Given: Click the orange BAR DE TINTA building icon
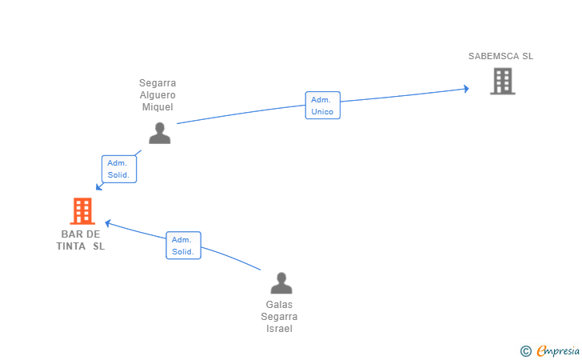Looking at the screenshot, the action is (x=82, y=211).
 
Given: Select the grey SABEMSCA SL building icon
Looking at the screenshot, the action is (x=503, y=81).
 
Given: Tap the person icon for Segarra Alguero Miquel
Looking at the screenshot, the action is (x=160, y=133).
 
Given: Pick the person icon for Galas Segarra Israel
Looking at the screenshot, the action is (x=281, y=283).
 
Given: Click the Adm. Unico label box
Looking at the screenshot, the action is (x=322, y=105).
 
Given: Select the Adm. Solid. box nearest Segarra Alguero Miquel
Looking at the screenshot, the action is (x=119, y=169).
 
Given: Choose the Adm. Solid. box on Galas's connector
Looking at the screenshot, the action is (x=183, y=246).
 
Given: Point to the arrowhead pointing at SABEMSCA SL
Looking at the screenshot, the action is (x=467, y=89).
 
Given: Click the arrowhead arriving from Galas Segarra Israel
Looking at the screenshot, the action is (x=108, y=223).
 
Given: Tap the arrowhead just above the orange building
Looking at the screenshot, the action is (x=99, y=186).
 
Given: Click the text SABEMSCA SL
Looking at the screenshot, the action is (x=500, y=56).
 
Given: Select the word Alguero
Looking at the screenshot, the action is (x=157, y=95).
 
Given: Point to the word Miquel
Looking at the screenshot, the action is (x=157, y=107).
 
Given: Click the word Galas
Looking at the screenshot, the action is (x=279, y=305).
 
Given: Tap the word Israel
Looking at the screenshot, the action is (x=279, y=329).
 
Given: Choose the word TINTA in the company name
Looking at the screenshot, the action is (x=71, y=246).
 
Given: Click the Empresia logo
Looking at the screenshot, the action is (x=558, y=350).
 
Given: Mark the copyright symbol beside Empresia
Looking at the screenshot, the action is (x=526, y=351).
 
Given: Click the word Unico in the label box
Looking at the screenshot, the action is (x=322, y=111).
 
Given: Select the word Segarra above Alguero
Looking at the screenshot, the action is (x=157, y=83).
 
